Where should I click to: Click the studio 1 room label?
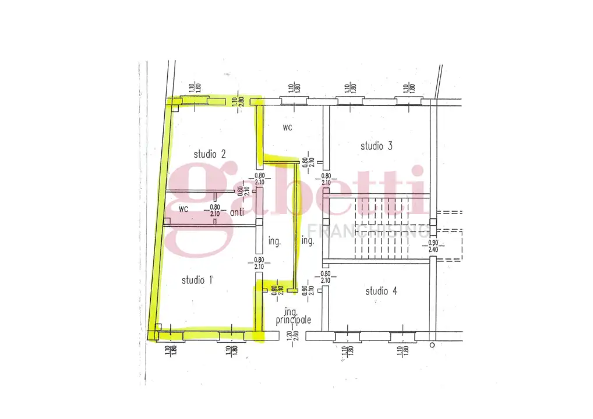pyautogui.click(x=197, y=280)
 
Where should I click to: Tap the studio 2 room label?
pyautogui.click(x=210, y=154)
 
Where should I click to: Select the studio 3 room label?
pyautogui.click(x=376, y=145)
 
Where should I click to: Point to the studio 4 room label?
pyautogui.click(x=381, y=291)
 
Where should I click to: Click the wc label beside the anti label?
pyautogui.click(x=183, y=208)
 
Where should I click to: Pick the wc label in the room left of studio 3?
pyautogui.click(x=287, y=126)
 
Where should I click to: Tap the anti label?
pyautogui.click(x=237, y=212)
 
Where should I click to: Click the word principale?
pyautogui.click(x=294, y=319)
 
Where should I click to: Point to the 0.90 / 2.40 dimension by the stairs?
pyautogui.click(x=432, y=246)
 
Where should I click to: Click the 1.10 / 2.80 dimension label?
pyautogui.click(x=236, y=102)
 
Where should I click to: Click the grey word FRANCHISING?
pyautogui.click(x=368, y=230)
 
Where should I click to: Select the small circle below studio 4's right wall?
pyautogui.click(x=432, y=345)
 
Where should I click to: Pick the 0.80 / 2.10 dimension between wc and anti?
pyautogui.click(x=214, y=209)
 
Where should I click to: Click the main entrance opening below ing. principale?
pyautogui.click(x=284, y=335)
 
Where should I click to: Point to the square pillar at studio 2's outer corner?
pyautogui.click(x=174, y=104)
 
